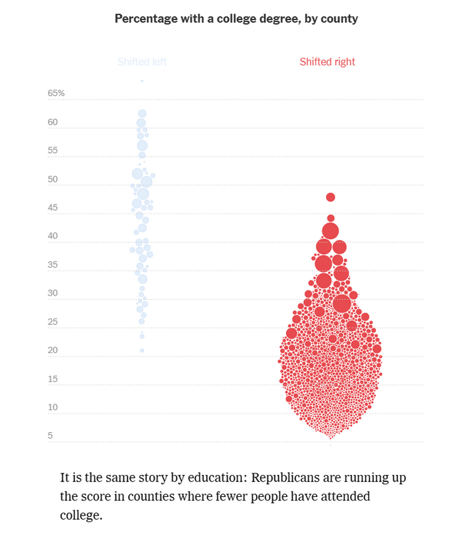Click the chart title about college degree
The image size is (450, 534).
click(x=236, y=19)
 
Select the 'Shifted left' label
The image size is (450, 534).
click(x=142, y=62)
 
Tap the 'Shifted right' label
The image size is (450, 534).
click(x=327, y=62)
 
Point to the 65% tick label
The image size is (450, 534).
click(x=56, y=93)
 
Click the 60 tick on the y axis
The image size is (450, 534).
click(x=53, y=122)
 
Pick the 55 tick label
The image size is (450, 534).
click(x=53, y=151)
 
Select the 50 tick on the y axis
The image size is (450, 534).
click(x=53, y=179)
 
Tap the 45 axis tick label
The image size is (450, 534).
click(x=53, y=208)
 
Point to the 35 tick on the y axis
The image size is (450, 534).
click(x=53, y=265)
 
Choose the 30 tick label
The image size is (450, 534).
click(x=53, y=293)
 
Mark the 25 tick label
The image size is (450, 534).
click(x=53, y=322)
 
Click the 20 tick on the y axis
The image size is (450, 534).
click(x=53, y=350)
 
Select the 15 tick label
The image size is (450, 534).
click(x=53, y=379)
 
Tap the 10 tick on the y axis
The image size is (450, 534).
click(x=53, y=407)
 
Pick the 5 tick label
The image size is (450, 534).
click(x=50, y=436)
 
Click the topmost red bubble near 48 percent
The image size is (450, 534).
click(x=331, y=197)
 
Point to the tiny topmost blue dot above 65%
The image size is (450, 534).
click(x=142, y=81)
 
